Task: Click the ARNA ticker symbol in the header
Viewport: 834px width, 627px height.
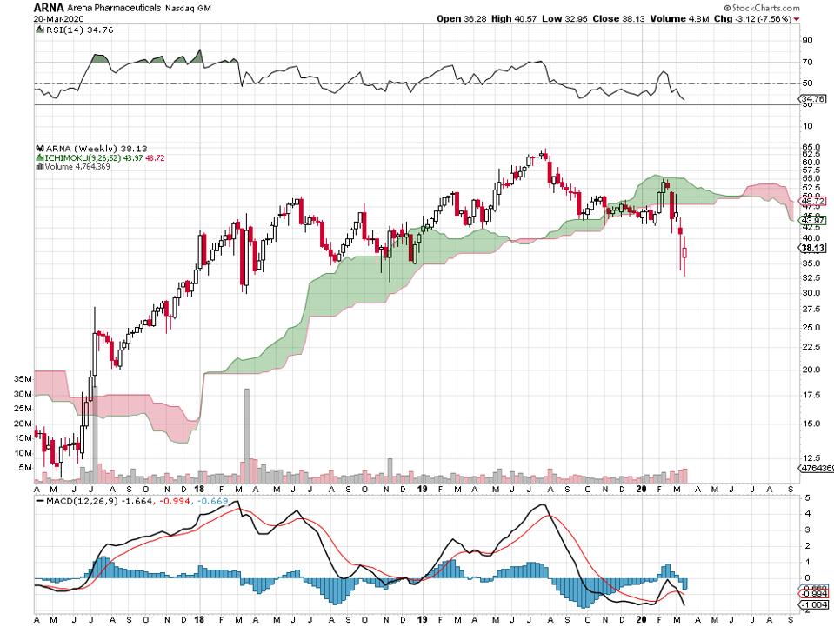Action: click(x=17, y=6)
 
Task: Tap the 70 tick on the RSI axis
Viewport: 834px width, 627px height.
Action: click(x=807, y=63)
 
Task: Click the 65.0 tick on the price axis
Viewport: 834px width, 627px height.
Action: click(x=811, y=148)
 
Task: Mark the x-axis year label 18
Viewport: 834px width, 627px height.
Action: click(x=199, y=620)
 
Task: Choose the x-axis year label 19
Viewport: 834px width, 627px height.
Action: click(x=420, y=620)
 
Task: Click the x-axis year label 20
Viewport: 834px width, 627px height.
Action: click(x=640, y=620)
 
